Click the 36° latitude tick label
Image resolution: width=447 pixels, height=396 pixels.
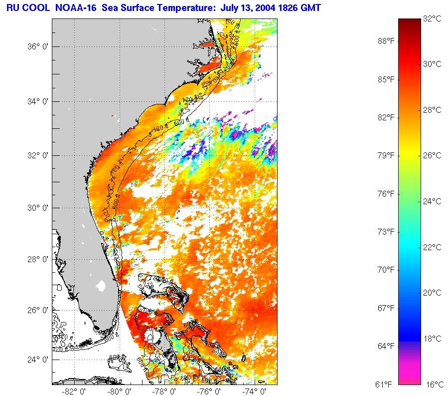pos(37,47)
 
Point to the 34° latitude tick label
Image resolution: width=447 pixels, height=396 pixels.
pos(37,102)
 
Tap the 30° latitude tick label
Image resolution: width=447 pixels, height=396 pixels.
pos(37,208)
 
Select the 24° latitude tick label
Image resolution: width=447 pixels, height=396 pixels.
pos(37,360)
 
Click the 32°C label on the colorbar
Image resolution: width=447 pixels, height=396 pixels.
pos(432,18)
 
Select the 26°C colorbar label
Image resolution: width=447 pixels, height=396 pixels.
pos(432,155)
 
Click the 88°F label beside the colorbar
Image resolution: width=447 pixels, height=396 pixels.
pos(386,41)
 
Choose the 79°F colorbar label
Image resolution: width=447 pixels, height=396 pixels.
pos(386,155)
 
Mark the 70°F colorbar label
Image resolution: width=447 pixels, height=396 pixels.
pos(386,270)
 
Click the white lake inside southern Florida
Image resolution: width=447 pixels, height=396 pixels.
pos(102,286)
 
